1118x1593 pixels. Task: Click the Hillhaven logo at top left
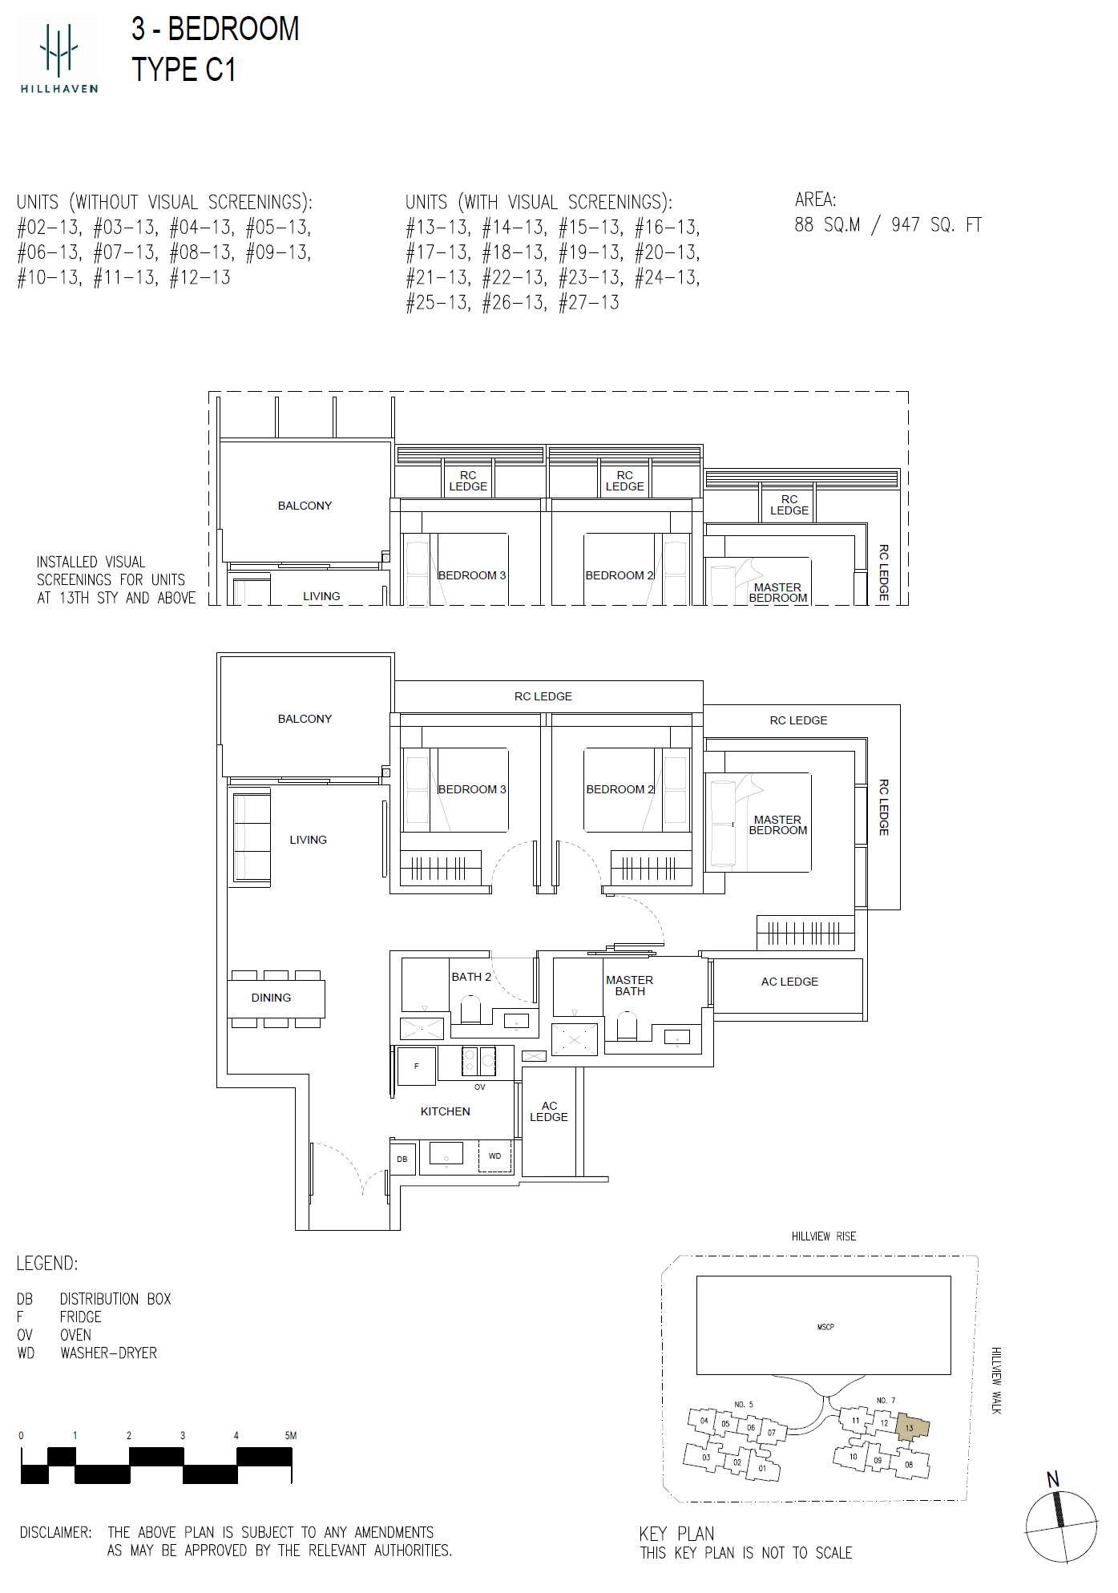point(59,56)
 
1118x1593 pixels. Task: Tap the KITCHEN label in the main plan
point(445,1111)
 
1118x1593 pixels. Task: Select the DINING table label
point(271,998)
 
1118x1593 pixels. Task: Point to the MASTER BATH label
point(629,986)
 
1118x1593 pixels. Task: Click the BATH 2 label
point(471,977)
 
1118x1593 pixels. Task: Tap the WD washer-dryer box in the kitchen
point(495,1156)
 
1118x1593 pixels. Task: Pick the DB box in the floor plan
point(402,1159)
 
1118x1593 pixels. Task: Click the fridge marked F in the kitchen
point(417,1067)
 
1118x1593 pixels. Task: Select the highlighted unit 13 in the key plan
point(912,1428)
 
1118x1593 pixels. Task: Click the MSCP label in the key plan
point(825,1327)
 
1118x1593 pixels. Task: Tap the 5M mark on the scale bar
point(291,1435)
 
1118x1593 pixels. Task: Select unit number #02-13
point(49,228)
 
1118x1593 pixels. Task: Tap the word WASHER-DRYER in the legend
point(108,1353)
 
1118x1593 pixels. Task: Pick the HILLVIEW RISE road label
point(824,1236)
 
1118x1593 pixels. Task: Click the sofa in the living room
point(251,837)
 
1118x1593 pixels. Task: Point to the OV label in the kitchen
point(479,1087)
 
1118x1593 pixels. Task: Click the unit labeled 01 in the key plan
point(762,1468)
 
